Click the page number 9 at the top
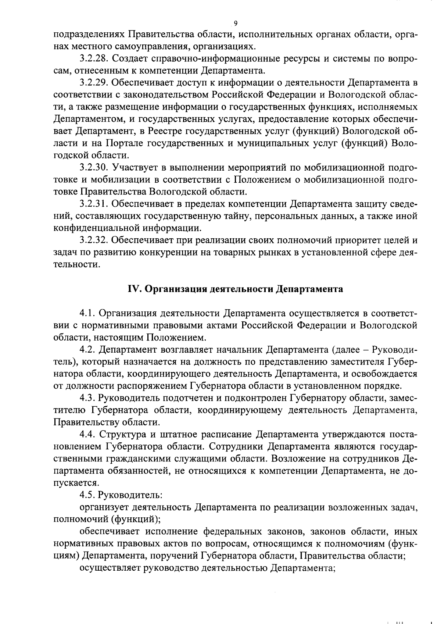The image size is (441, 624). point(236,24)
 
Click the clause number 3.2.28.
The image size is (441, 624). point(94,58)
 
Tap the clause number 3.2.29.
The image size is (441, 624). point(94,83)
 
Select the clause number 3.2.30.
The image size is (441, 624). point(94,167)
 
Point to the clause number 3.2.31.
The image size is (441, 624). point(94,204)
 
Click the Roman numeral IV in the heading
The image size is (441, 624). point(133,289)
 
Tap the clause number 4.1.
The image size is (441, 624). point(88,313)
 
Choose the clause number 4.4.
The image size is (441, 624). point(88,434)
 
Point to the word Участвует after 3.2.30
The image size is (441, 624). point(136,167)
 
